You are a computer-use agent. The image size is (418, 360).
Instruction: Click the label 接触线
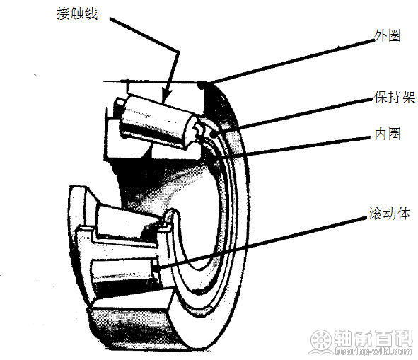[77, 13]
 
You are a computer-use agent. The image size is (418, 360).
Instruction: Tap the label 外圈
[388, 35]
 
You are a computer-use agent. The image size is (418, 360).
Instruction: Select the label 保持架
[395, 97]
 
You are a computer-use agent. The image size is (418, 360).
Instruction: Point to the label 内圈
[388, 134]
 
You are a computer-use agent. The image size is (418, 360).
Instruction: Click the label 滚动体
[390, 214]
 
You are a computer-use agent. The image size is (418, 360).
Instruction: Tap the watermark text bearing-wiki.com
[373, 352]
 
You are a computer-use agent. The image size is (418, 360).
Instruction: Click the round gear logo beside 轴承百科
[321, 342]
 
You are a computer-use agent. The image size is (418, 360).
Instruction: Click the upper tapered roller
[157, 122]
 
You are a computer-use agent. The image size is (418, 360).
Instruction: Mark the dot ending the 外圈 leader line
[202, 86]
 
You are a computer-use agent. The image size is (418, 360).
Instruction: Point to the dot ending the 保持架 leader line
[214, 134]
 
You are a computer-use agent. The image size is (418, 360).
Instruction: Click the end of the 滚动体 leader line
[156, 267]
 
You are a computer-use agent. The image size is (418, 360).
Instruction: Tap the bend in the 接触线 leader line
[178, 51]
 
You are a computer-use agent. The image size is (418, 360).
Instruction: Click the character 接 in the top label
[63, 13]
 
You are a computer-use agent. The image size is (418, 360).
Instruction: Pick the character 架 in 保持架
[409, 97]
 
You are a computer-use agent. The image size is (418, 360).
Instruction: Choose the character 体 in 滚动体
[404, 214]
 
